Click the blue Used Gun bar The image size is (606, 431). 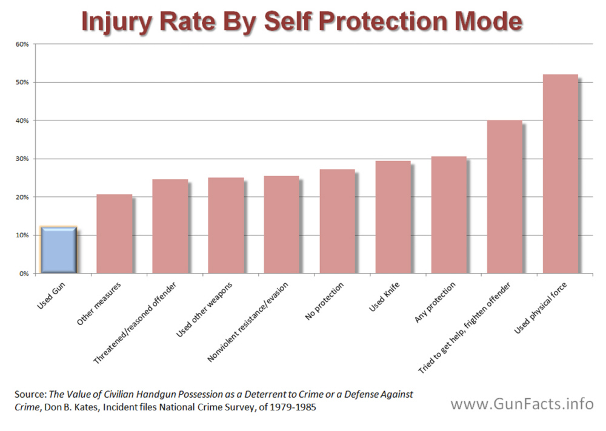[58, 250]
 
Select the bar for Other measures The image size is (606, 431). [115, 234]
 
